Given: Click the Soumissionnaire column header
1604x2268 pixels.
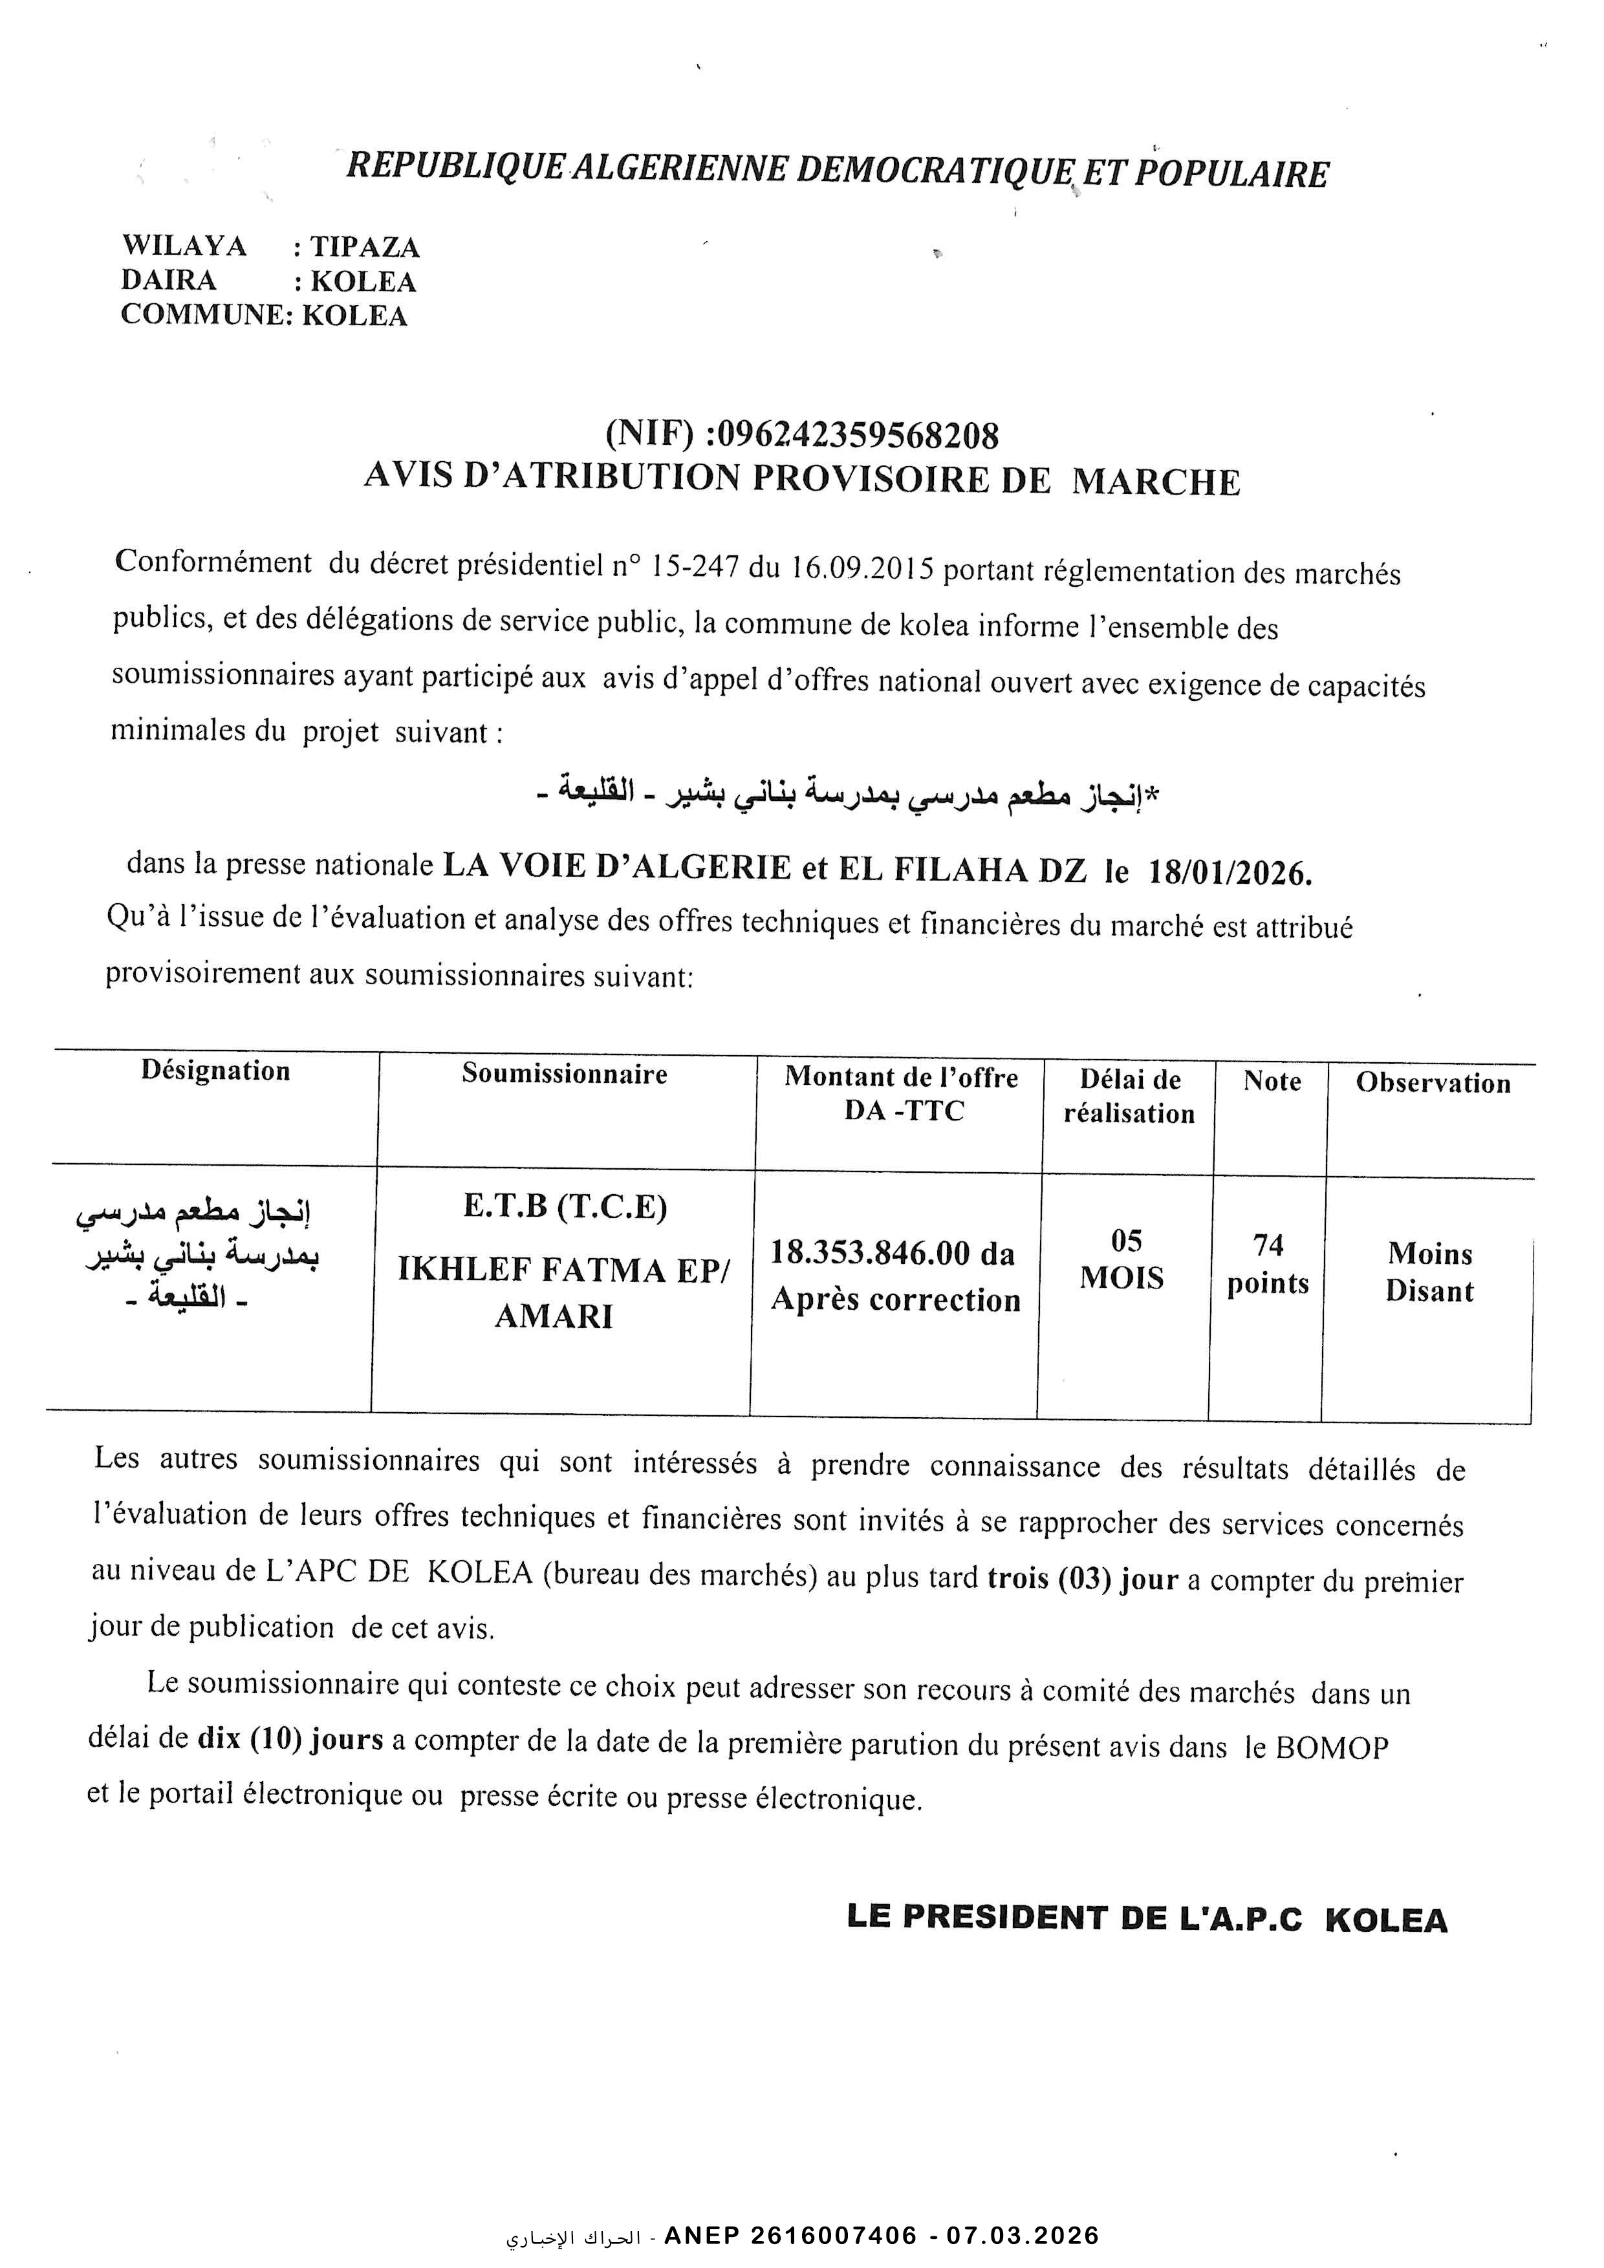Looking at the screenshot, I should click(565, 1074).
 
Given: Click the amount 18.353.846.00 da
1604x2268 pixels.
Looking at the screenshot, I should click(893, 1254).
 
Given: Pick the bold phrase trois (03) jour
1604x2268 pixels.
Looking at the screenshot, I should click(1082, 1579).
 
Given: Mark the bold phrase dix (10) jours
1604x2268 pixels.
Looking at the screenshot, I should click(290, 1738).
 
